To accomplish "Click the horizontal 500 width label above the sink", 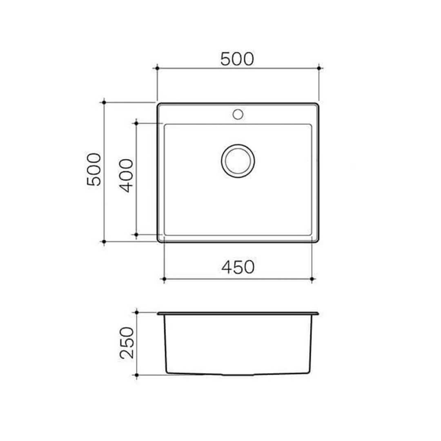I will pos(237,60).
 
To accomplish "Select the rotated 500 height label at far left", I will pos(94,169).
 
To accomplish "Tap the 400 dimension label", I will pos(127,176).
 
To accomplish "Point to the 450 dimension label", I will pos(238,267).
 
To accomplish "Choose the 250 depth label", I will pos(127,343).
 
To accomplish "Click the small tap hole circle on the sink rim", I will pos(238,114).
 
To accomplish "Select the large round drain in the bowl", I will pos(238,160).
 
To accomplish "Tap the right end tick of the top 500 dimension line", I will pos(319,68).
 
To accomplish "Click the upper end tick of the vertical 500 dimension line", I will pos(104,102).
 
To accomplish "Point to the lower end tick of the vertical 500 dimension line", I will pos(104,242).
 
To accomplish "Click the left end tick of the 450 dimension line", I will pos(164,279).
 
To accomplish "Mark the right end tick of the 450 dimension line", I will pos(312,279).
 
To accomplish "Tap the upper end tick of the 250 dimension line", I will pos(137,313).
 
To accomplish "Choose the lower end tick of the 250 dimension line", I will pos(137,374).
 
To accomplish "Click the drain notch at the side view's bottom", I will pos(238,374).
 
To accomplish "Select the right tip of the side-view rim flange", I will pos(318,314).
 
